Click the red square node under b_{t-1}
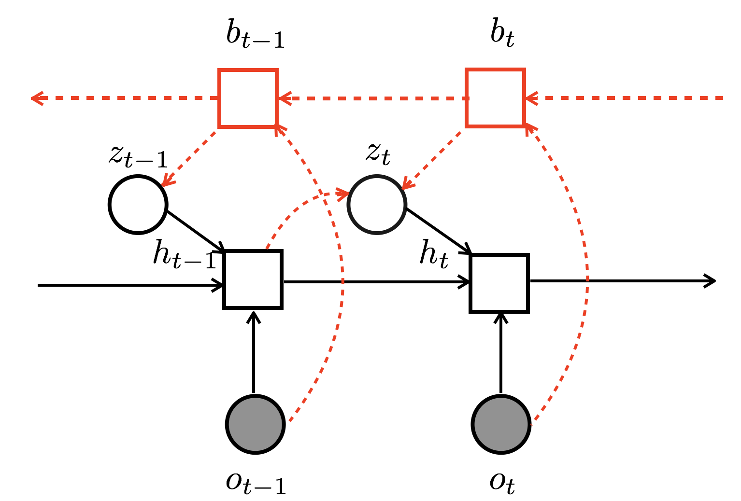coord(248,98)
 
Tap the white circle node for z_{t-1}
coord(138,205)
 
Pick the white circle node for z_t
coord(377,205)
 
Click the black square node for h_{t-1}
coord(253,279)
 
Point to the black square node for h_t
coord(499,283)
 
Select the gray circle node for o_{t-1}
coord(255,424)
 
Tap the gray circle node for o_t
coord(501,424)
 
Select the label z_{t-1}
coord(138,155)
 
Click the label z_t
coord(378,153)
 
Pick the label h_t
coord(434,253)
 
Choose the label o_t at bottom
coord(502,482)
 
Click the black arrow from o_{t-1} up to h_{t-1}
coord(253,352)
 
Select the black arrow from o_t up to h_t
coord(500,352)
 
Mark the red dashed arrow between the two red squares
coord(372,98)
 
